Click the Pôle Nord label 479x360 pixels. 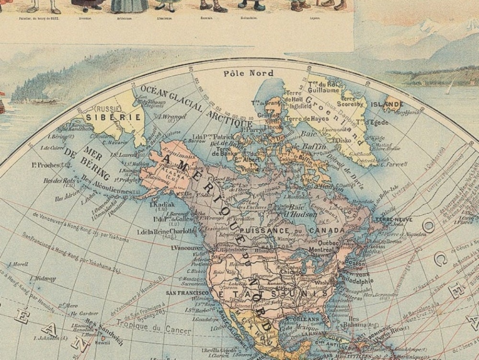click(249, 73)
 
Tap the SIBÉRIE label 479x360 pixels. click(113, 116)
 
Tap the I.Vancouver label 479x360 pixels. click(187, 248)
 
